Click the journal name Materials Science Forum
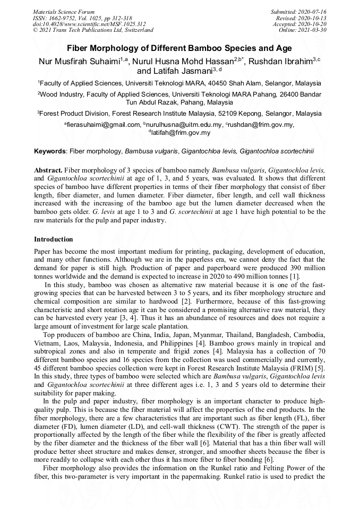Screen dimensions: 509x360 tap(64, 11)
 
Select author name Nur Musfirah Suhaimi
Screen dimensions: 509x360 tap(79, 62)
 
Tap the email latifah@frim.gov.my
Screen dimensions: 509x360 tap(181, 133)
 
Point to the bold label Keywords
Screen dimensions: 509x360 tap(50, 152)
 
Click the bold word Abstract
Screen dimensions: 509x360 tap(48, 170)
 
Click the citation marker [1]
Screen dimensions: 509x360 tap(295, 277)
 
